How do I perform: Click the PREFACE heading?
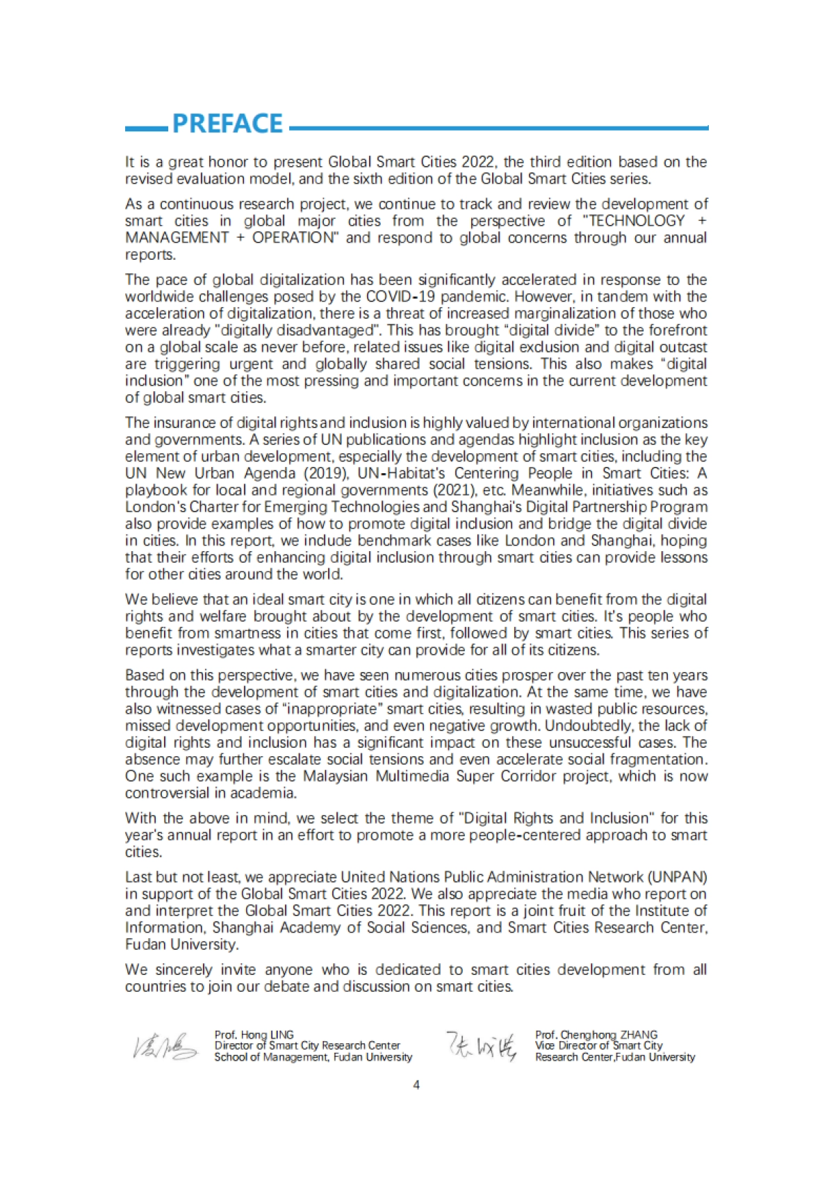227,124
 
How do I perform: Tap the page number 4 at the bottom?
416,1085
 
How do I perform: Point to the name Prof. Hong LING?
254,1035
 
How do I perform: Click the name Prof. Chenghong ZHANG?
596,1035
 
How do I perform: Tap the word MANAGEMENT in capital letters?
177,238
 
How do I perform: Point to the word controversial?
166,793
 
